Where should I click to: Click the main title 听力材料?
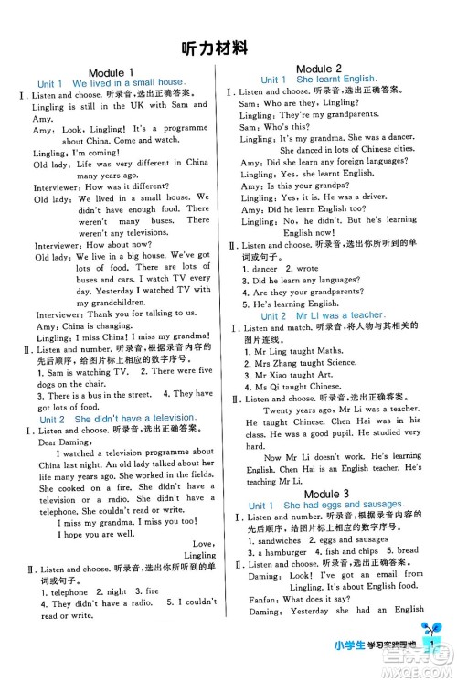(x=228, y=48)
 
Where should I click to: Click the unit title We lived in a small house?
(x=122, y=83)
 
